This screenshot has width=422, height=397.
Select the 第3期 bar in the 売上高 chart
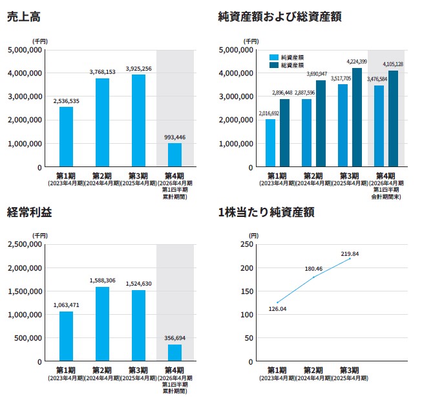click(x=139, y=120)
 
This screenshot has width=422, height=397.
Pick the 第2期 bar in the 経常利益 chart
click(x=102, y=324)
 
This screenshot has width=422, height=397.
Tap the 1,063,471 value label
click(x=66, y=305)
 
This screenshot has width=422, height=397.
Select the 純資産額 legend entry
click(x=293, y=57)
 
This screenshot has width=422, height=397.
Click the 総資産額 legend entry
click(x=293, y=65)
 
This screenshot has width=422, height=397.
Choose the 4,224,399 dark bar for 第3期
click(x=357, y=117)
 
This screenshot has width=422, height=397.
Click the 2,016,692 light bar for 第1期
click(x=270, y=143)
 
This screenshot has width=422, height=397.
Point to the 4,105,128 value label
click(x=392, y=64)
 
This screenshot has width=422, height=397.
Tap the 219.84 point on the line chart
click(x=350, y=258)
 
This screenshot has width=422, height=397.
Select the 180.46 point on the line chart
click(x=313, y=277)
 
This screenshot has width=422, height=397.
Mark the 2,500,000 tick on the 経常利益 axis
click(x=24, y=244)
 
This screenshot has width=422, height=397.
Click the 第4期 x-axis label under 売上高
click(x=174, y=176)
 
